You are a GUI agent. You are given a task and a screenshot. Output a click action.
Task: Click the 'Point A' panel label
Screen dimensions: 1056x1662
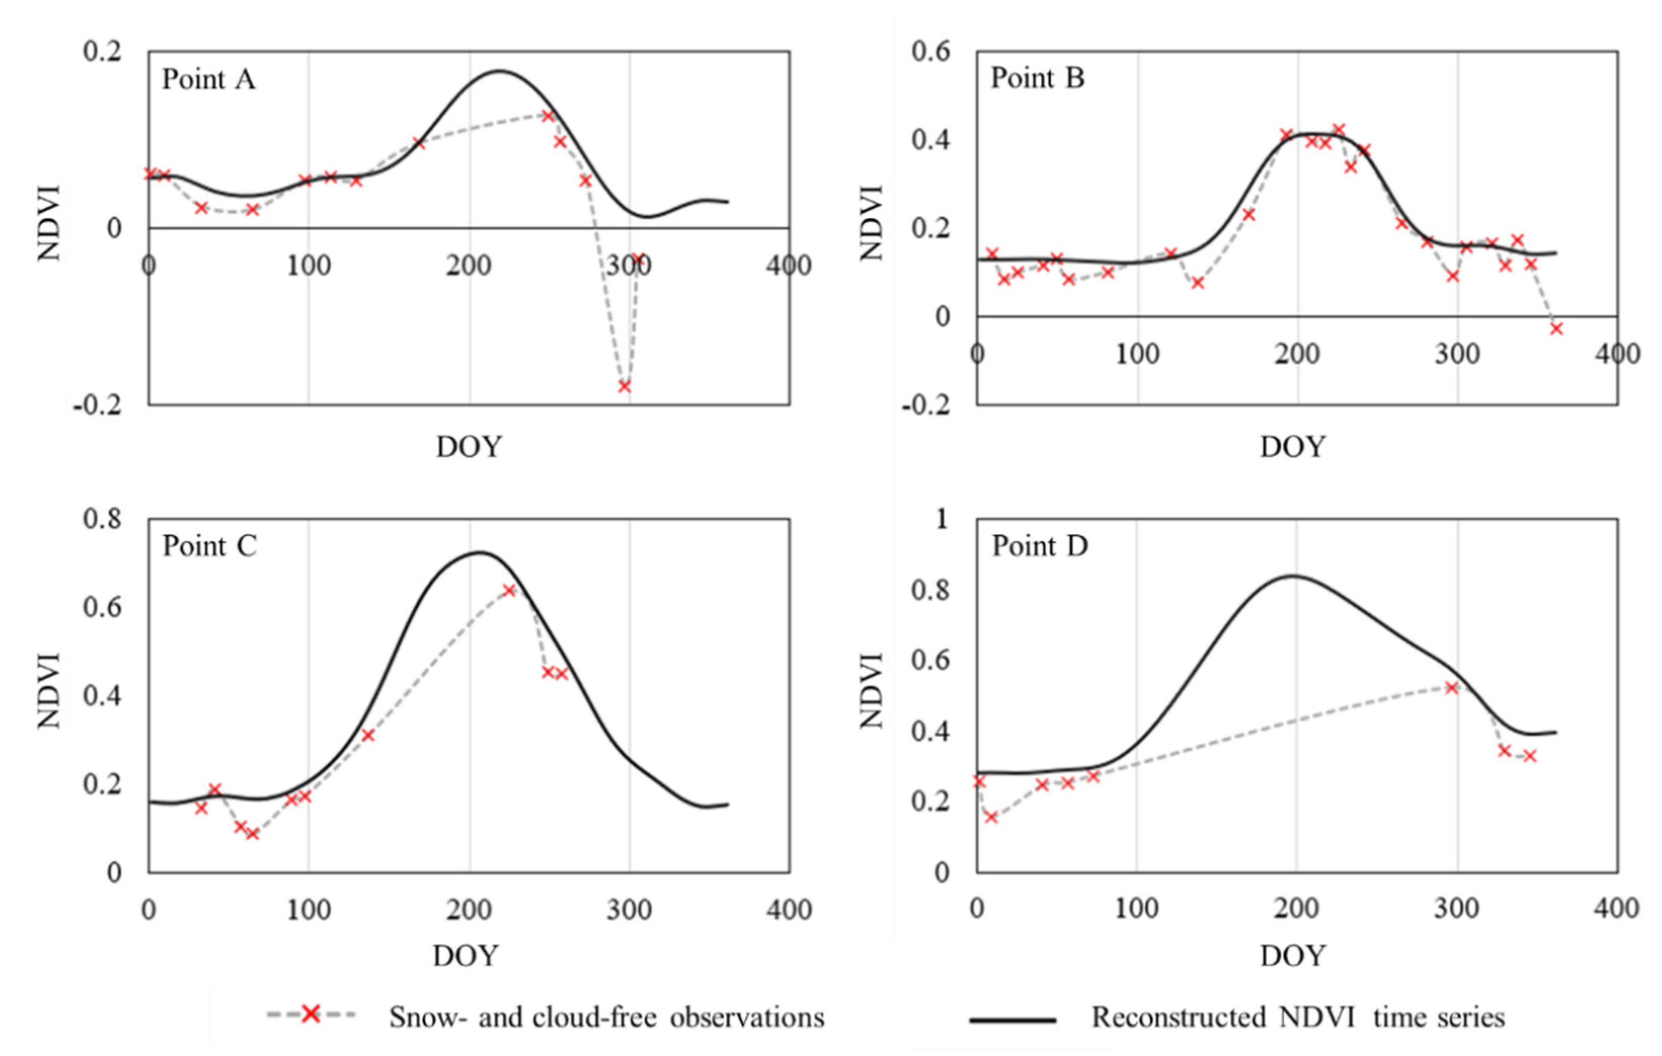pyautogui.click(x=209, y=80)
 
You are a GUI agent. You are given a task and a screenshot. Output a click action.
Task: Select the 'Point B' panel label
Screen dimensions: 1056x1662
pyautogui.click(x=1038, y=78)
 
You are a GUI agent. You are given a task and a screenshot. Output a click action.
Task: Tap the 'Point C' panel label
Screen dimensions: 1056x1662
pyautogui.click(x=209, y=546)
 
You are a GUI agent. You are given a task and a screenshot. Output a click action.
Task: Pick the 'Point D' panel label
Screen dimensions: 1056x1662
pyautogui.click(x=1040, y=546)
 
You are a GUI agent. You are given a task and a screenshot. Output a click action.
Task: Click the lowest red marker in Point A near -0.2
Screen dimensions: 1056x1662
pyautogui.click(x=624, y=386)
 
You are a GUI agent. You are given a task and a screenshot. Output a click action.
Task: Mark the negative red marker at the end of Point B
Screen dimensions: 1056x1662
pyautogui.click(x=1556, y=329)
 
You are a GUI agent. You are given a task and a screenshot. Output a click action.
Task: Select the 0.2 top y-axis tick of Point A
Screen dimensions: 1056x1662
pyautogui.click(x=102, y=51)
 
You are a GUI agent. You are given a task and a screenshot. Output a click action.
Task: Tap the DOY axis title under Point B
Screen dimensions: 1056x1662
pyautogui.click(x=1293, y=447)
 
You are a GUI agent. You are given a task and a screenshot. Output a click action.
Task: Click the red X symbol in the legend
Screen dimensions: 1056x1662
pyautogui.click(x=311, y=1014)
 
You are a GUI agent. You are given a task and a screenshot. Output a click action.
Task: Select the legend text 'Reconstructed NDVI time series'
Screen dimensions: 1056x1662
pyautogui.click(x=1297, y=1018)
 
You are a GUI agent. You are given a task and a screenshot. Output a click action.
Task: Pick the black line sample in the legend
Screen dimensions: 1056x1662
pyautogui.click(x=1012, y=1020)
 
